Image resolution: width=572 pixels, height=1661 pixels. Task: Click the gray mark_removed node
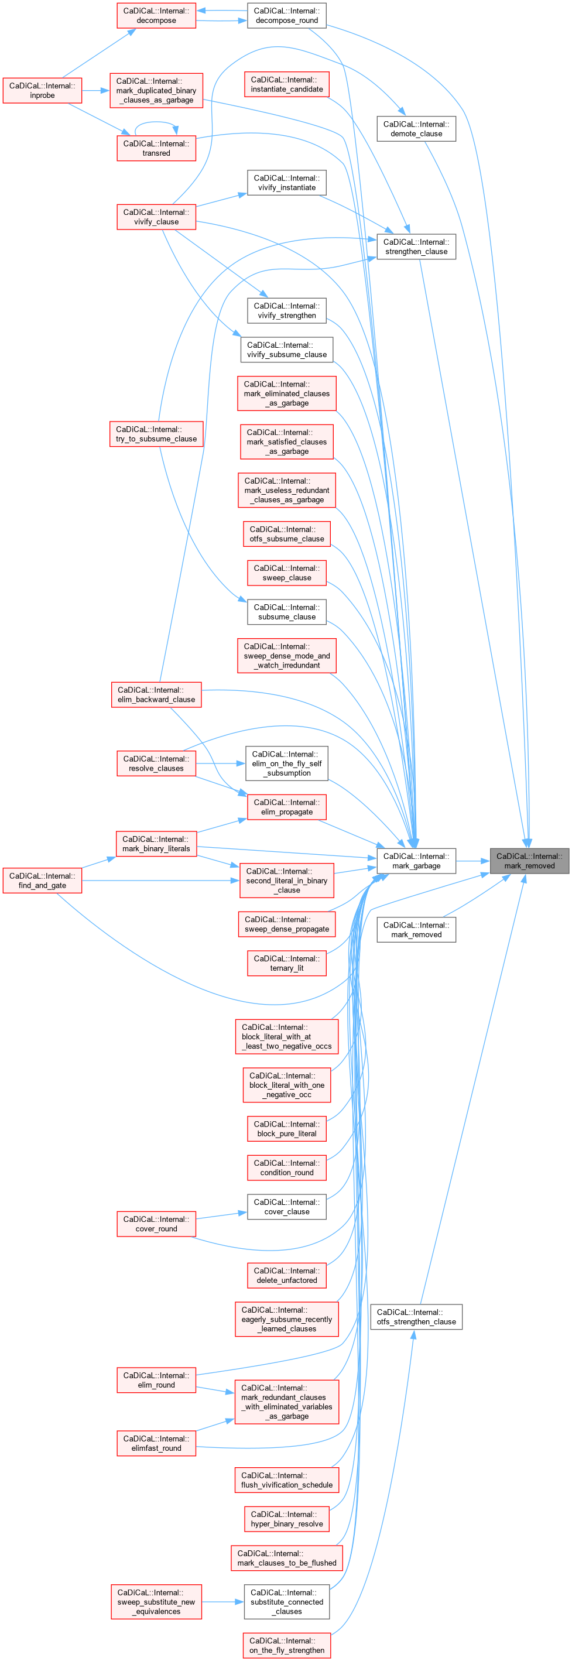point(529,861)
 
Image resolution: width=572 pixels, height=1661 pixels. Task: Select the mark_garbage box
point(416,861)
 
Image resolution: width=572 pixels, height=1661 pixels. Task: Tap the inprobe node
point(42,90)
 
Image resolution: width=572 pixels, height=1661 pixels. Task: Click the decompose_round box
point(286,15)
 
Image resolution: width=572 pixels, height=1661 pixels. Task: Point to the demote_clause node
point(416,129)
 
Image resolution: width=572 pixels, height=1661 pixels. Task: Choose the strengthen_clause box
point(416,247)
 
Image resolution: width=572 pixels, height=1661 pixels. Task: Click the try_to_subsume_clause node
point(156,434)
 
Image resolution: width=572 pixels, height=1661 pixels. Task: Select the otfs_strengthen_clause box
point(416,1317)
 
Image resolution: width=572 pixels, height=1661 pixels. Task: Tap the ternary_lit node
point(286,963)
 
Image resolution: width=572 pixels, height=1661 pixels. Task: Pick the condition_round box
point(286,1167)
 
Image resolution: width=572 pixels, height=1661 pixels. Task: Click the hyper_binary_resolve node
point(286,1519)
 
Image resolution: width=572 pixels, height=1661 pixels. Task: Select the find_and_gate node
point(42,881)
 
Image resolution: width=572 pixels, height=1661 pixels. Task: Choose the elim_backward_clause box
point(156,694)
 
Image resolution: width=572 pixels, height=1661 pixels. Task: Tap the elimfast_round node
point(156,1443)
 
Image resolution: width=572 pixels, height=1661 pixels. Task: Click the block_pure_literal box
point(286,1129)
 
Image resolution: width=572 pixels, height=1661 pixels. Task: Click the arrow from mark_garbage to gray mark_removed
point(472,861)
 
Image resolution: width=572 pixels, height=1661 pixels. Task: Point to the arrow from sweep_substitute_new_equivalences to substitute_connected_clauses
point(222,1602)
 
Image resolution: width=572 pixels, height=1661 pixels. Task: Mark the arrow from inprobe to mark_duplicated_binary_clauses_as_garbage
point(95,90)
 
